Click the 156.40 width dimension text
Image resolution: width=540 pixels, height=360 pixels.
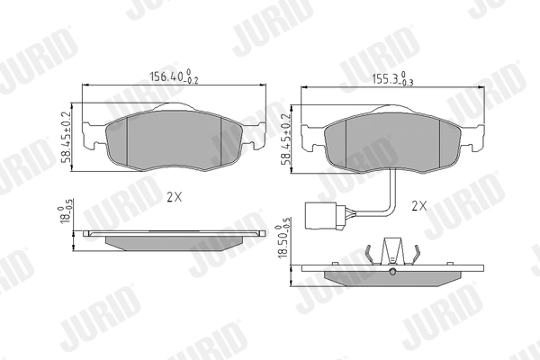(174, 76)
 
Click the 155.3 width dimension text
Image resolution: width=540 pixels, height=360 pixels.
(393, 78)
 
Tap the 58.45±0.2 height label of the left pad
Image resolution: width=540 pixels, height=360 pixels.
(66, 138)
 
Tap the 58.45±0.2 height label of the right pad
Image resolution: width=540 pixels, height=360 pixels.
(286, 139)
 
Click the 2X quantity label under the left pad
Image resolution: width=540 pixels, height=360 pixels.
(175, 197)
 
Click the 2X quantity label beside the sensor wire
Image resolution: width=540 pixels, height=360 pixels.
(419, 206)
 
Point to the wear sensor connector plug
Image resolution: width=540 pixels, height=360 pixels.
(324, 216)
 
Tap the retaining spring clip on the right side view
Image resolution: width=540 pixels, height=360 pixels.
(392, 252)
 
